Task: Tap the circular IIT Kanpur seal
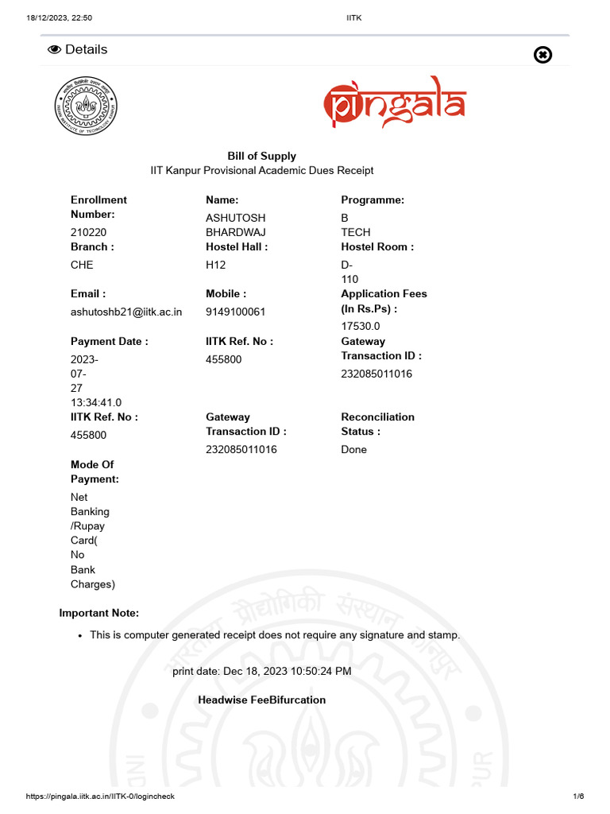(85, 105)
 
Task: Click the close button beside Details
(542, 54)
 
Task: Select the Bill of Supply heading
(261, 156)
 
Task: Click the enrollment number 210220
(88, 232)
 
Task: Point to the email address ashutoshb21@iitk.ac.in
(126, 312)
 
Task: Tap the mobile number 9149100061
(235, 312)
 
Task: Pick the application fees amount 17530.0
(361, 326)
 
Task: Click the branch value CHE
(82, 265)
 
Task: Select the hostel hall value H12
(216, 265)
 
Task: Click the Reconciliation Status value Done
(354, 449)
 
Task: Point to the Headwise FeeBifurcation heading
(261, 700)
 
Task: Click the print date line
(261, 671)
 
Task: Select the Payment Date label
(109, 341)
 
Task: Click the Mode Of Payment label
(95, 471)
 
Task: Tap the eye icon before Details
(55, 49)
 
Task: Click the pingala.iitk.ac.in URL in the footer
(100, 797)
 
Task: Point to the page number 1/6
(578, 797)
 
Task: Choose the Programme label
(373, 200)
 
